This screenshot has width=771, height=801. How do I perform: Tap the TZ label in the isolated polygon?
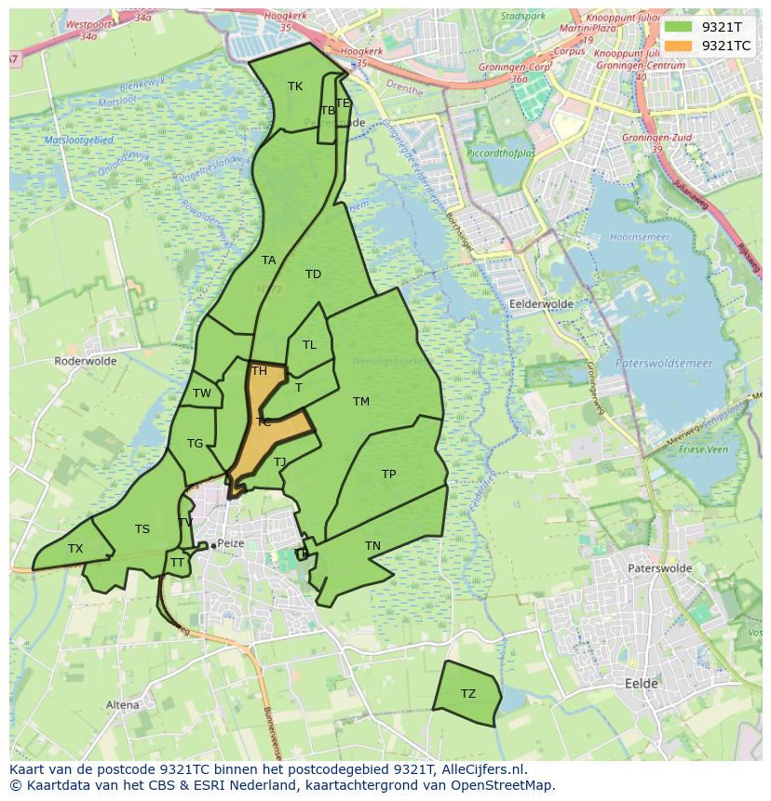tap(467, 694)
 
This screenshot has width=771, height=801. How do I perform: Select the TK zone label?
tap(295, 87)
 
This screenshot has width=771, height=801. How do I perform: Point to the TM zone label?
tap(361, 402)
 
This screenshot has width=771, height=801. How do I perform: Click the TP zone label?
tap(389, 474)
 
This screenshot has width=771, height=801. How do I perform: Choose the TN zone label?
tap(372, 546)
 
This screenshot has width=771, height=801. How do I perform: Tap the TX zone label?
tap(75, 549)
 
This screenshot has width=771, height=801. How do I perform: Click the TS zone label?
tap(142, 529)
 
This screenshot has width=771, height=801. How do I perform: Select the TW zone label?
tap(202, 394)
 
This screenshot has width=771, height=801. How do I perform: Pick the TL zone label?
tap(309, 345)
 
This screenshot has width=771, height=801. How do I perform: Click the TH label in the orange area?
tap(259, 371)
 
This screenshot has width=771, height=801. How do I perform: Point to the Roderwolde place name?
tap(83, 361)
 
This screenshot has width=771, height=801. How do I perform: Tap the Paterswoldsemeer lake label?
tap(663, 364)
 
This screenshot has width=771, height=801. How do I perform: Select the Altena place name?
tap(122, 705)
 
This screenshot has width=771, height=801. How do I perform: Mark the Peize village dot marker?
tap(213, 545)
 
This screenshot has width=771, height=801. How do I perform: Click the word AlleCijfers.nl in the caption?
tap(484, 769)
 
